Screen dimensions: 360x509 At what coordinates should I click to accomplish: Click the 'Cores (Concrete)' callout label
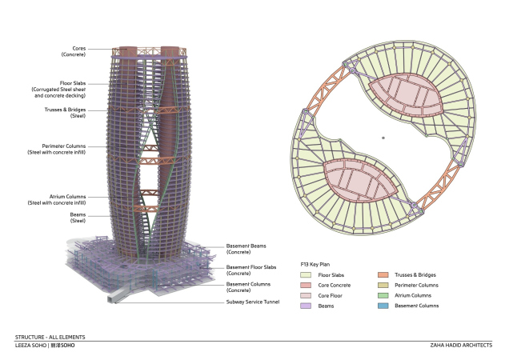tap(73, 51)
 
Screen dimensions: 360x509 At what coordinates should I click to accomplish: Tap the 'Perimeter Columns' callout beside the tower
tap(70, 150)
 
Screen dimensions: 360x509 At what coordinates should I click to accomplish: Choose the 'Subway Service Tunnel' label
tap(252, 302)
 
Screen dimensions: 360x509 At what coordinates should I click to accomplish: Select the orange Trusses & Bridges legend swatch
tap(383, 274)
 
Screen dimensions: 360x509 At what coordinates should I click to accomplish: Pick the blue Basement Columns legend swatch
tap(383, 306)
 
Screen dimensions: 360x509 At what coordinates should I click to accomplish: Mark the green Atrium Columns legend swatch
tap(383, 295)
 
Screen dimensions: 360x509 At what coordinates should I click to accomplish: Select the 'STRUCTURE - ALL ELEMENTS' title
tap(50, 338)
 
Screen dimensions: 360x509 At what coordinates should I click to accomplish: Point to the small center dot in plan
tap(384, 138)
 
